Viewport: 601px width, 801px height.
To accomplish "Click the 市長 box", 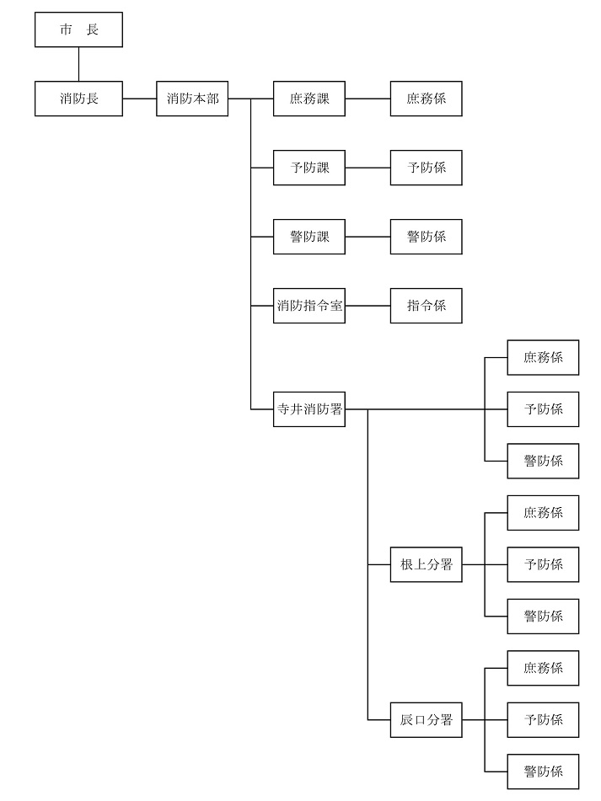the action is pos(78,29).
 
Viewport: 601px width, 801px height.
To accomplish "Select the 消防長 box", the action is pos(78,99).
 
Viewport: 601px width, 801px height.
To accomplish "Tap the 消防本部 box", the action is pos(192,99).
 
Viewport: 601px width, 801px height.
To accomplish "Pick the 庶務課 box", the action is pos(309,99).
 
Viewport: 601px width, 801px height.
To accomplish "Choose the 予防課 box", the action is pos(309,168).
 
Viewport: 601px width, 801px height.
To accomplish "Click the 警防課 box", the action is pos(309,237).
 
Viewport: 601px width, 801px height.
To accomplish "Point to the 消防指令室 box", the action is pos(309,306).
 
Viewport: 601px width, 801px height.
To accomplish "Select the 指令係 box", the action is pos(427,306).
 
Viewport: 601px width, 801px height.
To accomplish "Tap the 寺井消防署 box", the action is pos(309,409).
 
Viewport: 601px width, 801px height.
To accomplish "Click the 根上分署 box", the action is pos(427,564).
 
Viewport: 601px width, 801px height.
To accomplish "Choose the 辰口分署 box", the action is pos(427,720).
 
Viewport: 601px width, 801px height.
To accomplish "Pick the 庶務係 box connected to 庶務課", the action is pos(427,99).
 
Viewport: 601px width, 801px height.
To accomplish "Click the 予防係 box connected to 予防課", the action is pos(427,168).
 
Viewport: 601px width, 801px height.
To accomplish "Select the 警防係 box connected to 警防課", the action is pos(427,237).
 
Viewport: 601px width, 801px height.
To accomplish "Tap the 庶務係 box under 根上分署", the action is pos(543,513).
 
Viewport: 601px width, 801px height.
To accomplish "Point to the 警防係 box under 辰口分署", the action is pos(543,772).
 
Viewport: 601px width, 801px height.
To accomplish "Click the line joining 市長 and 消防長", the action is pos(78,64).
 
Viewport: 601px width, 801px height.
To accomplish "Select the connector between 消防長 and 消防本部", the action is pos(140,99).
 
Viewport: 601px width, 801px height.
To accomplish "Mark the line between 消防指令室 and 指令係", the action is pos(368,306).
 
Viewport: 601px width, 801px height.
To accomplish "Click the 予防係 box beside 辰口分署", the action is pos(543,720).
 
